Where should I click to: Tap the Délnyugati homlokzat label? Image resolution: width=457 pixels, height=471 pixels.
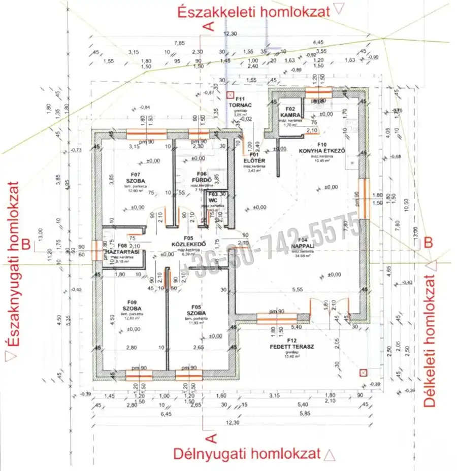click(247, 453)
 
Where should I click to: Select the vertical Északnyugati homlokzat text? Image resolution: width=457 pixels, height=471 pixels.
click(14, 272)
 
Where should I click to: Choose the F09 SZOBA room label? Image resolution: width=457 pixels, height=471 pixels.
click(132, 305)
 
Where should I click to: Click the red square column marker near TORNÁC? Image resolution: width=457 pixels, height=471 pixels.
click(230, 94)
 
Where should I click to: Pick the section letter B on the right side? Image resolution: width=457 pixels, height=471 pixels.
click(428, 243)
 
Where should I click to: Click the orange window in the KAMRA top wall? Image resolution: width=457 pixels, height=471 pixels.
click(318, 91)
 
